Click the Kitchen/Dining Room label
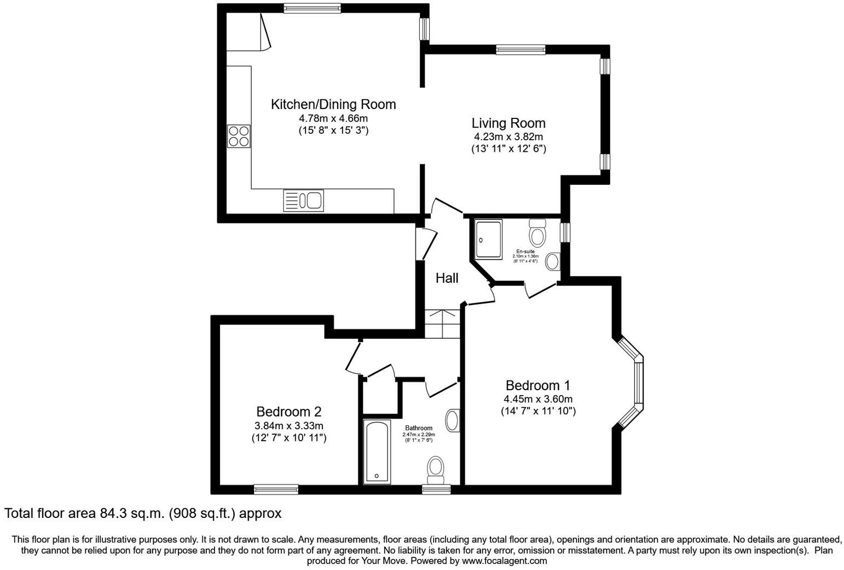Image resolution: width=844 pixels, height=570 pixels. (x=333, y=104)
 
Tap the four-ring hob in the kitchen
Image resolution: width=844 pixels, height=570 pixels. (x=239, y=136)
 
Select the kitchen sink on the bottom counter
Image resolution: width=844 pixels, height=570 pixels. (x=303, y=200)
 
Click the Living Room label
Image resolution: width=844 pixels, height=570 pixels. (x=508, y=123)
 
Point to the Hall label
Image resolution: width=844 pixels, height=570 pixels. (x=447, y=278)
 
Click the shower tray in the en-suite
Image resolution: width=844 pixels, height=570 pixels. (x=488, y=239)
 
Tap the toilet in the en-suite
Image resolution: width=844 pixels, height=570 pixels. (x=537, y=234)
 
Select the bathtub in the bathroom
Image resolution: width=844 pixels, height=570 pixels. (x=377, y=452)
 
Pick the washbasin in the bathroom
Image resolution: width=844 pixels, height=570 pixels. (x=452, y=421)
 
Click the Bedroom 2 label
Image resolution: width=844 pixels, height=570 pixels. (x=288, y=412)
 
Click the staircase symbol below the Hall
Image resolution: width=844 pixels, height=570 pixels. (x=442, y=324)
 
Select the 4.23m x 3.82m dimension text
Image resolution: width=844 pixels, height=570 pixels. (x=508, y=137)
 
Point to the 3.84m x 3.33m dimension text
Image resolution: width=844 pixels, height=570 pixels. (x=288, y=426)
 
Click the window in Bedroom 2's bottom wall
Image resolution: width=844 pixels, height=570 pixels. (x=276, y=489)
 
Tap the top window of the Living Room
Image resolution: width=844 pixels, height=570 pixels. (x=521, y=49)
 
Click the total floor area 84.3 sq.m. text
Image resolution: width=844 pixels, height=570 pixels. (x=143, y=514)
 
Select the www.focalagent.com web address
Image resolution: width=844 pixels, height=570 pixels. (x=504, y=561)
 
